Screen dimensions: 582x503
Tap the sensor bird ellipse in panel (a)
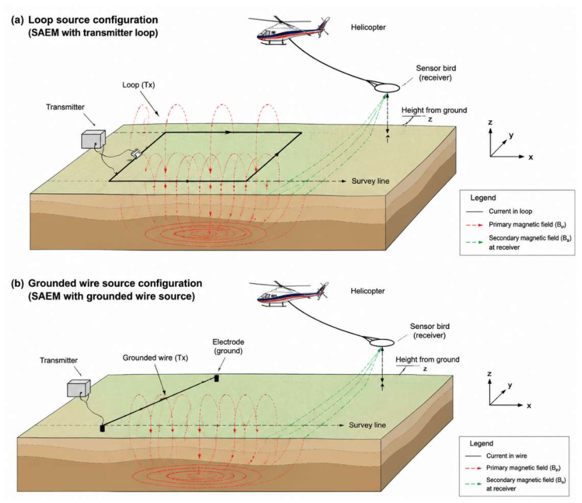[387, 89]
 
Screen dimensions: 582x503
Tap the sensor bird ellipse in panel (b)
[381, 343]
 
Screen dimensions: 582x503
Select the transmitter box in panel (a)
[93, 139]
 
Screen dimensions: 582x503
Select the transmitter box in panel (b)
[78, 389]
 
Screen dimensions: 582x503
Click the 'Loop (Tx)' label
[138, 85]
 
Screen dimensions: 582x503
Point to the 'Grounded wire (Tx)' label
[155, 358]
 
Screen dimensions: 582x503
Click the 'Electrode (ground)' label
[228, 346]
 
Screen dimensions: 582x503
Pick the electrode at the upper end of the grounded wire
[216, 378]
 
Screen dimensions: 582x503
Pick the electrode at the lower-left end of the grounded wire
[102, 428]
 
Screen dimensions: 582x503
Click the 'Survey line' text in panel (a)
[371, 181]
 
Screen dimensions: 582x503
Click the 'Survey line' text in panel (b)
[367, 425]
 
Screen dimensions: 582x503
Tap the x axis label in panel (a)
[531, 157]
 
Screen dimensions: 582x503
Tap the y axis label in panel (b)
[510, 385]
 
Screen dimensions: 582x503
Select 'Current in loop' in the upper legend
[510, 211]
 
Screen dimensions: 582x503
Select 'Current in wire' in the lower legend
[507, 456]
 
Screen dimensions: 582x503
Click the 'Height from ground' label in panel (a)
[434, 110]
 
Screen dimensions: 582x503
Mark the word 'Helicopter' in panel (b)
[368, 291]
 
